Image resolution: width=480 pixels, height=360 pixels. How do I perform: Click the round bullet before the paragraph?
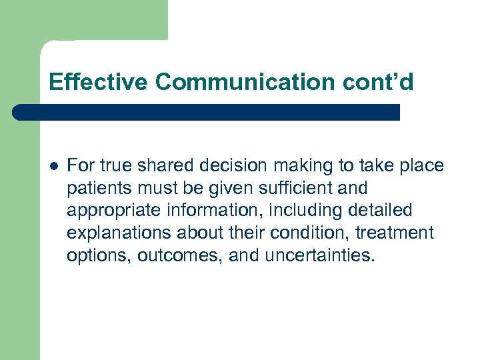53,166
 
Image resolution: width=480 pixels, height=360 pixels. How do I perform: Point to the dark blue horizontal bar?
207,112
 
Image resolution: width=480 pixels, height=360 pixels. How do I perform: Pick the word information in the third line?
193,211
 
